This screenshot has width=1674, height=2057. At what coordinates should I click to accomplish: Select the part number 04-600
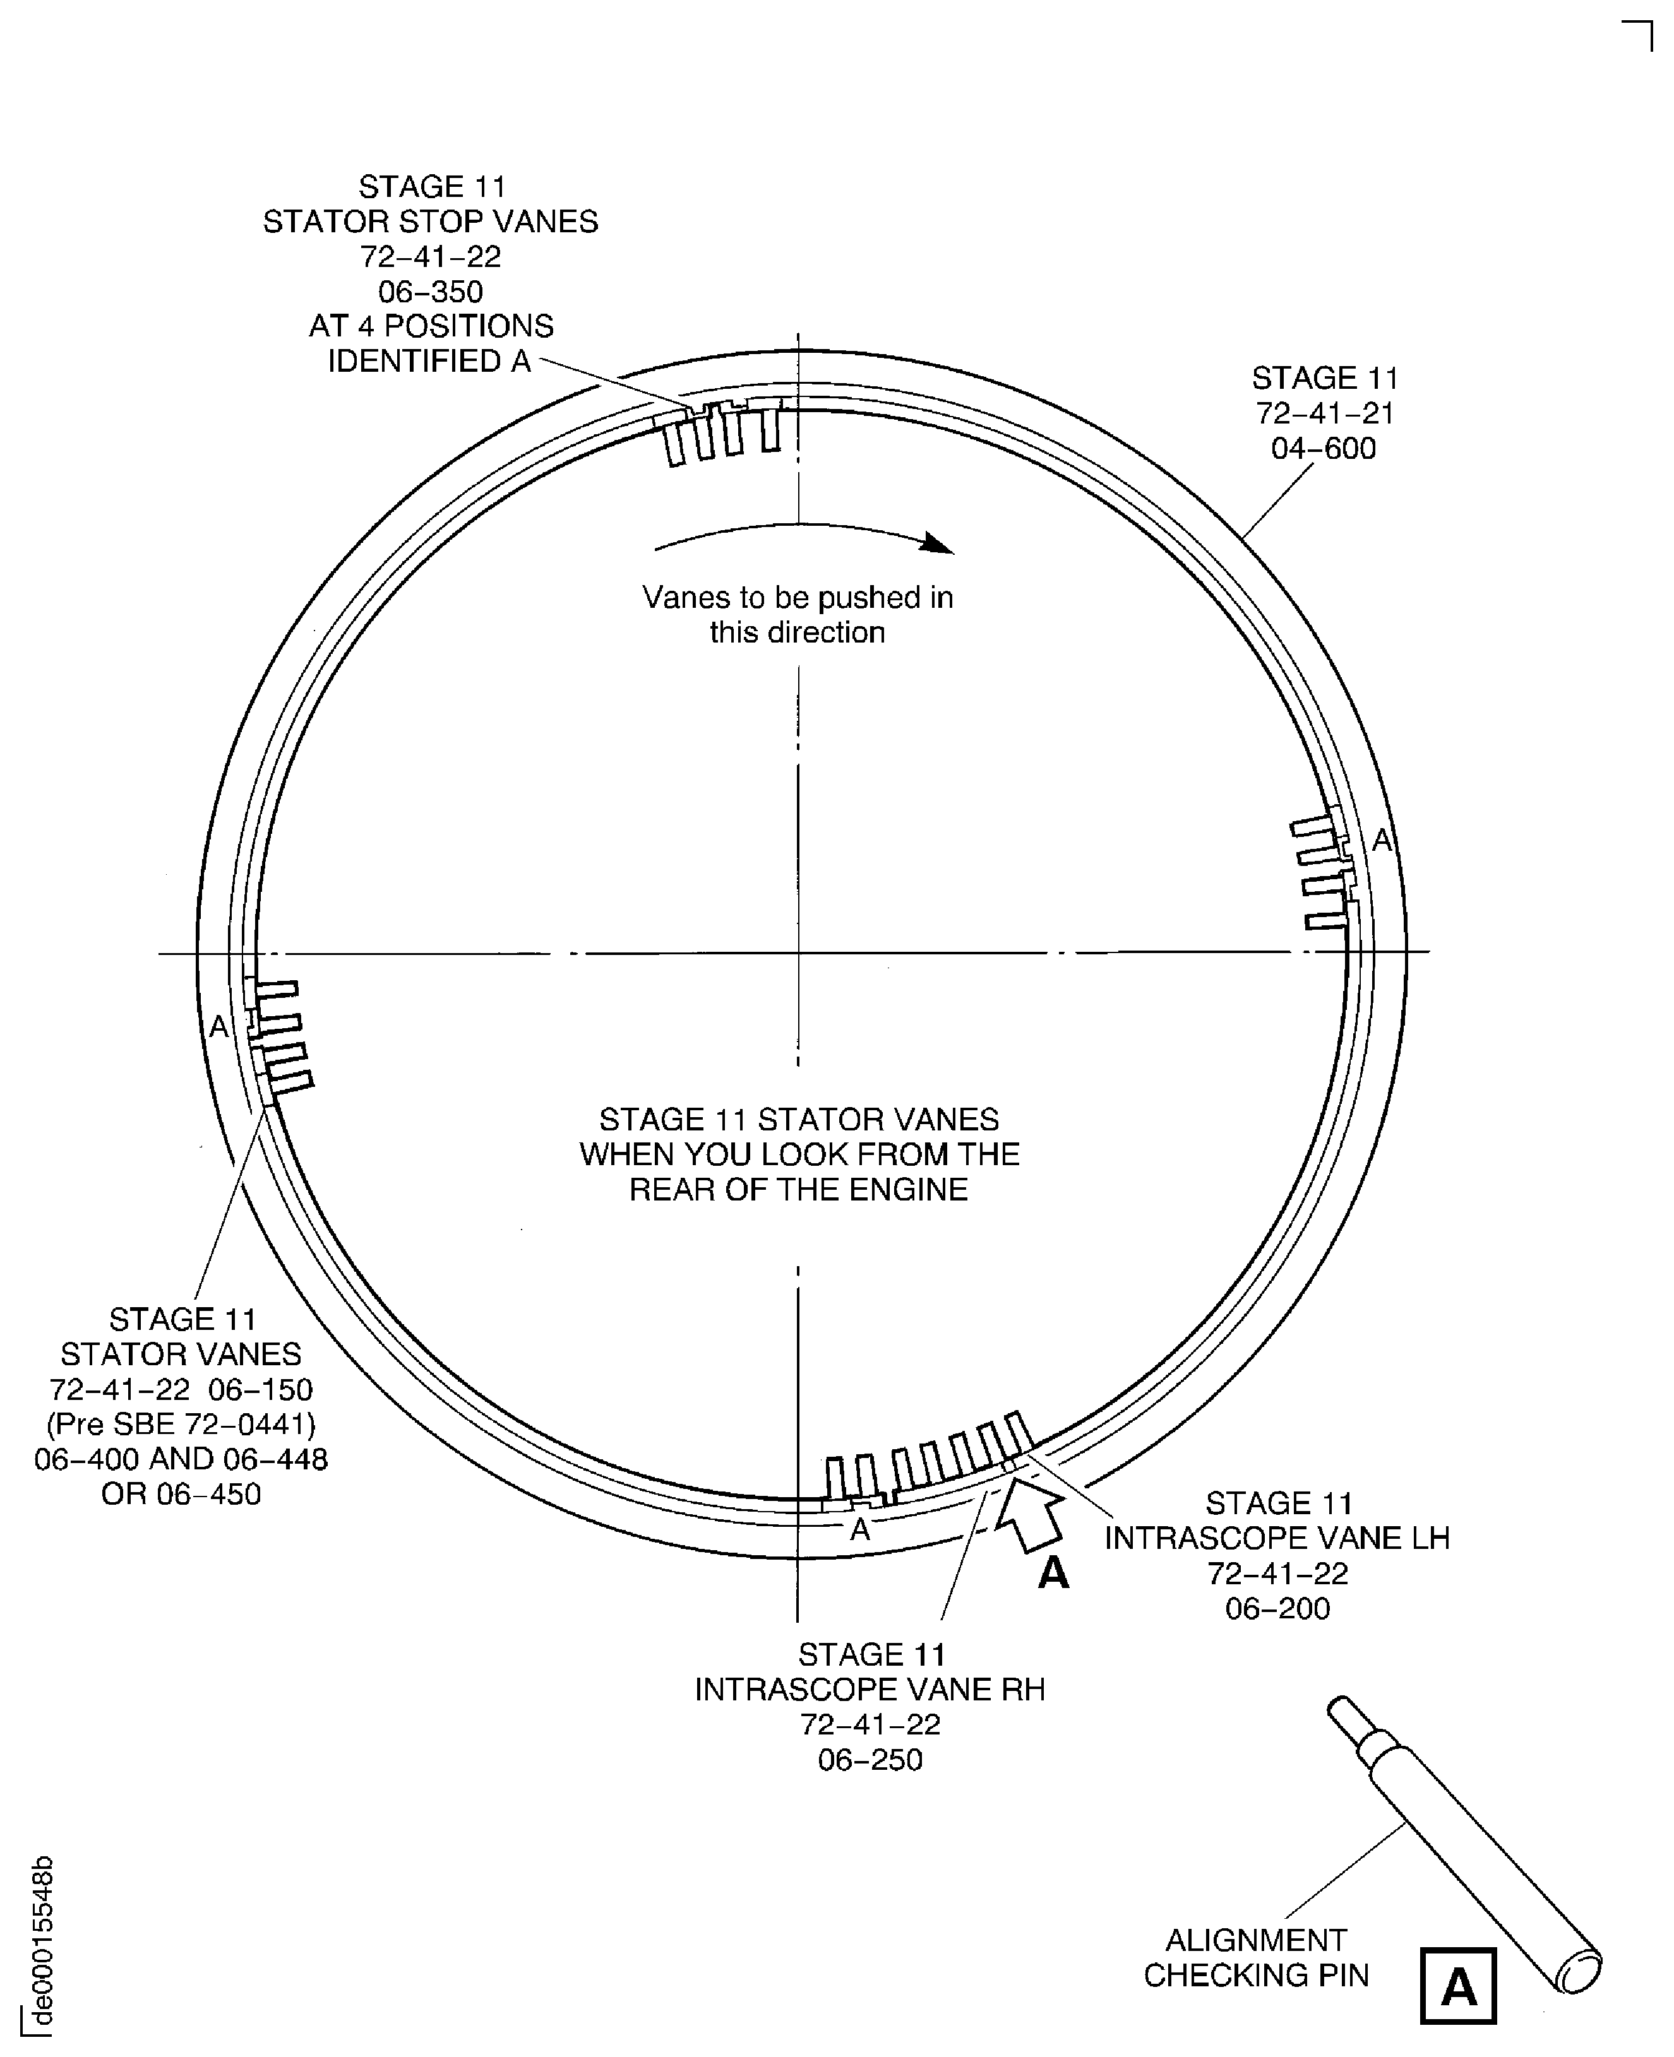click(1323, 448)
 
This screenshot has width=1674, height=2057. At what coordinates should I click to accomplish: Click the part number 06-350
click(430, 291)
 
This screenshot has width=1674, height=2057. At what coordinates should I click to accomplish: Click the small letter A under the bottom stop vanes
click(860, 1530)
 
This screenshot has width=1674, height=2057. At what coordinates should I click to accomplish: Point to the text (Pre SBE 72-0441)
click(181, 1424)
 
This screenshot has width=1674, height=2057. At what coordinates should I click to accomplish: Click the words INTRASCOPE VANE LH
click(1277, 1538)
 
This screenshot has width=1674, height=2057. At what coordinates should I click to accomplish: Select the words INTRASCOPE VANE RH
click(870, 1689)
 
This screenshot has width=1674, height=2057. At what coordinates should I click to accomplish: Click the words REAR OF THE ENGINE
click(798, 1190)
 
